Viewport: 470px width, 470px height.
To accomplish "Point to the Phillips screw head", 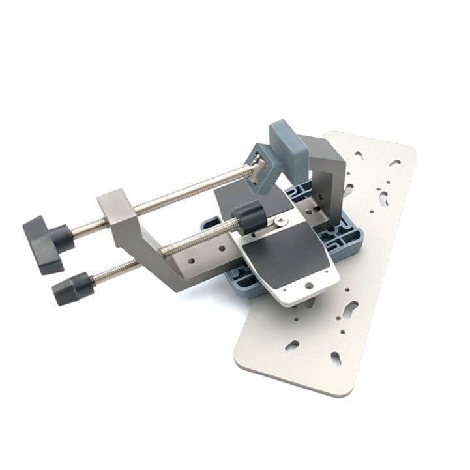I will (282, 223).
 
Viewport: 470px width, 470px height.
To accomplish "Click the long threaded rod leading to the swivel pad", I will (189, 189).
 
